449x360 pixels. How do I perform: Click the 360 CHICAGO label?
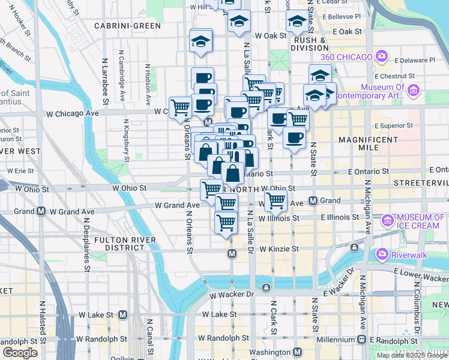point(346,57)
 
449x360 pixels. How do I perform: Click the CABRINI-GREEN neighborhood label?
point(127,26)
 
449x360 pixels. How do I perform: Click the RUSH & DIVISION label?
point(310,44)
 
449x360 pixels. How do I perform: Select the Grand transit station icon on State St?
point(313,200)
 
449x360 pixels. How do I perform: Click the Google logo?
point(20,353)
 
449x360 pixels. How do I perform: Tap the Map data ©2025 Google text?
point(412,355)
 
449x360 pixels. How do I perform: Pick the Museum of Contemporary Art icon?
point(412,91)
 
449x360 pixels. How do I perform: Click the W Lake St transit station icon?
point(123,314)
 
